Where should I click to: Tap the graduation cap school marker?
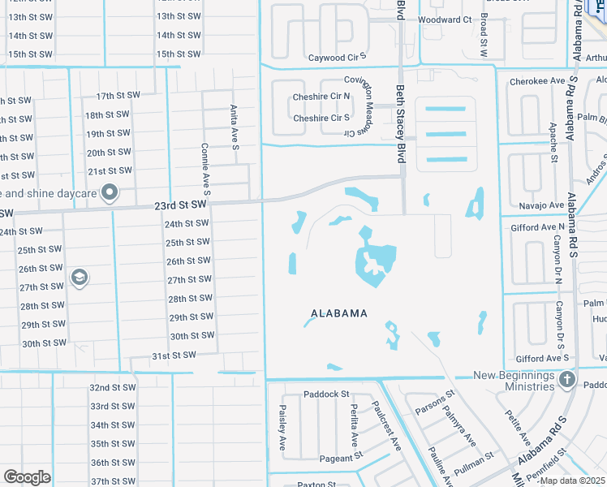[x=80, y=278]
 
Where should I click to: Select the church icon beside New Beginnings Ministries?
[x=567, y=381]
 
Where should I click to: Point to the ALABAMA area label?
[x=339, y=313]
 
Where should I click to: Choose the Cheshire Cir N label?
[x=321, y=96]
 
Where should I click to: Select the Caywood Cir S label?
[x=338, y=58]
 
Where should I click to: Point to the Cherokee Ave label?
[x=536, y=81]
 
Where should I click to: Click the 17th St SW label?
[x=118, y=96]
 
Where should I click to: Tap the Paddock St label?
[x=326, y=394]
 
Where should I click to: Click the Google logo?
[x=28, y=477]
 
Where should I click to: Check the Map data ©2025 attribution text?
[x=572, y=481]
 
